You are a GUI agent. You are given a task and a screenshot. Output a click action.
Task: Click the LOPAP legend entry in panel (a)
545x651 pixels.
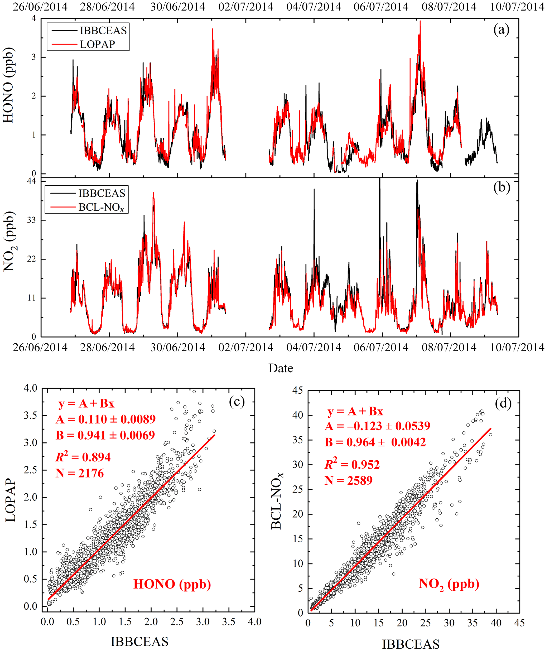point(97,44)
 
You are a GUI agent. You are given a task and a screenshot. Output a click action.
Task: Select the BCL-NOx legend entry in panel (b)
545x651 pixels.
point(101,207)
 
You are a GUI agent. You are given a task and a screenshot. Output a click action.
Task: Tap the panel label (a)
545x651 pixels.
point(501,30)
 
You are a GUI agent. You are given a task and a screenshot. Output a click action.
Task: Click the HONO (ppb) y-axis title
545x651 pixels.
point(8,85)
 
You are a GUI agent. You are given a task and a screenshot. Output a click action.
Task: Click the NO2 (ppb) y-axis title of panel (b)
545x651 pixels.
point(9,242)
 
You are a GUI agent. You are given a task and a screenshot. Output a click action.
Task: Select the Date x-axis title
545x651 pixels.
point(281,368)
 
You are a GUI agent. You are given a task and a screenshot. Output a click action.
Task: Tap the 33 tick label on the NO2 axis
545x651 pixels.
point(32,220)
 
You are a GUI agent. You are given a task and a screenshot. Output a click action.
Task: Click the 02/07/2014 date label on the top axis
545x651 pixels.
point(245,7)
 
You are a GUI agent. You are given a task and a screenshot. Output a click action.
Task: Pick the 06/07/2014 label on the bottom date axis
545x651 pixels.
point(381,347)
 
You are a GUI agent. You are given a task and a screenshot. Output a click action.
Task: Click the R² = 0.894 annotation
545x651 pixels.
point(83,457)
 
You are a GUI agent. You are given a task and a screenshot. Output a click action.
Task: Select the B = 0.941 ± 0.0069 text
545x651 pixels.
point(105,435)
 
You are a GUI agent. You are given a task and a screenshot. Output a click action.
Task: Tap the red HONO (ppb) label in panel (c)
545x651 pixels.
point(172,584)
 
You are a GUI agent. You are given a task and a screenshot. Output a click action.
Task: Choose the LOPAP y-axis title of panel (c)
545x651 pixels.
point(11,500)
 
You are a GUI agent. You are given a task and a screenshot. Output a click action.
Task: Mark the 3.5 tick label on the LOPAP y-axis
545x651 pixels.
point(30,415)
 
